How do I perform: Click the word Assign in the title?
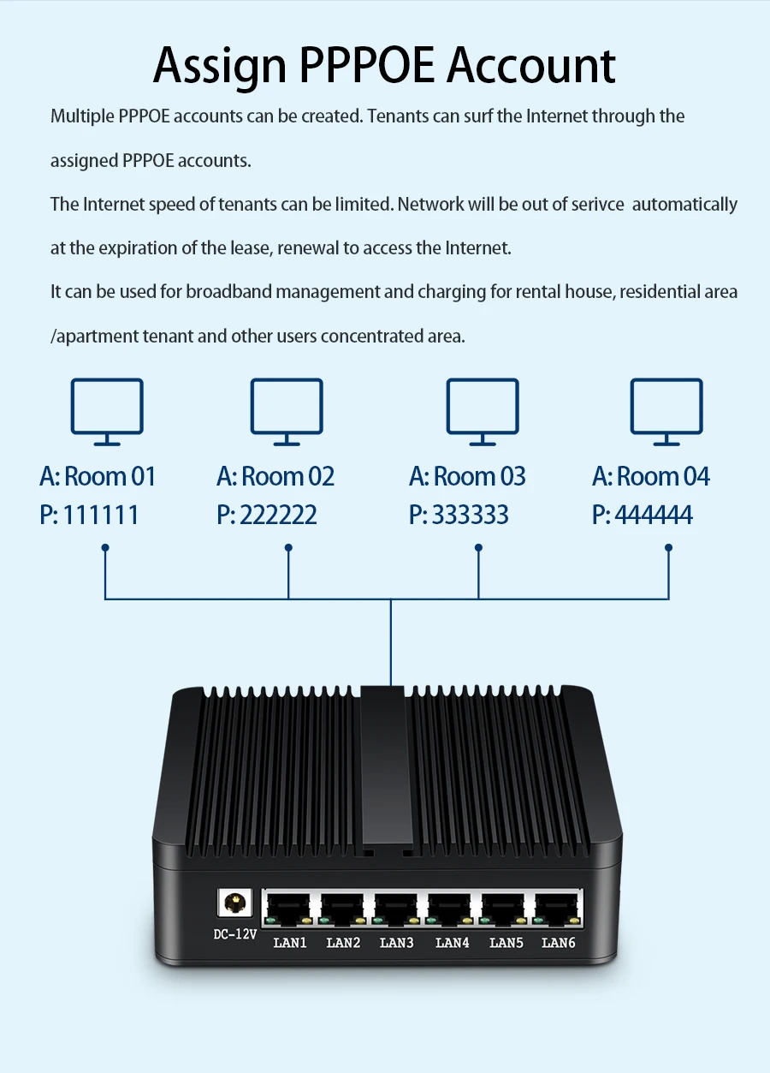[x=220, y=66]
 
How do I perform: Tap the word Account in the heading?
[x=530, y=66]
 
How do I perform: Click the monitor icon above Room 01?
[x=107, y=412]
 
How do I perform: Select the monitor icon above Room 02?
[x=287, y=412]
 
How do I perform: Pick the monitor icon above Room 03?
[x=483, y=412]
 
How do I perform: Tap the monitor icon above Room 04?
[x=666, y=412]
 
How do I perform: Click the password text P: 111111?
[x=89, y=515]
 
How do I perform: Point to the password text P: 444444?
[x=643, y=515]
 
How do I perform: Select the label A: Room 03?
[x=467, y=476]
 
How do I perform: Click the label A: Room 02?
[x=275, y=476]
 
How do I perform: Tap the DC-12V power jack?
[x=233, y=903]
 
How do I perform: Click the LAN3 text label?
[x=397, y=943]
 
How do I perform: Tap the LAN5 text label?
[x=506, y=943]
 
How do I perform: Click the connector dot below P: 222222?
[x=288, y=547]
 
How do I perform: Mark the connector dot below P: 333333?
[x=478, y=547]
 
